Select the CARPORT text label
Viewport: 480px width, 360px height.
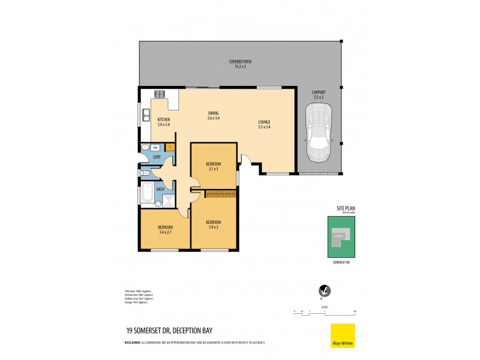point(318,95)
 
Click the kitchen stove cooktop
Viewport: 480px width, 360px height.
point(160,94)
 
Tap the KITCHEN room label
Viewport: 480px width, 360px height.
point(164,122)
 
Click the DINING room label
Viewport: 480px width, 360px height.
point(213,115)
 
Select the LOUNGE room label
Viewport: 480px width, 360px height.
point(265,124)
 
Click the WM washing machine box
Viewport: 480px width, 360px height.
point(155,148)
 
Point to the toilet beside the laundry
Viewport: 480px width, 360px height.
point(146,173)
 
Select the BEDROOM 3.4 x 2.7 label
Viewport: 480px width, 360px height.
point(166,229)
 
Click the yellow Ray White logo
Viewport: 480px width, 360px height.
point(343,335)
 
